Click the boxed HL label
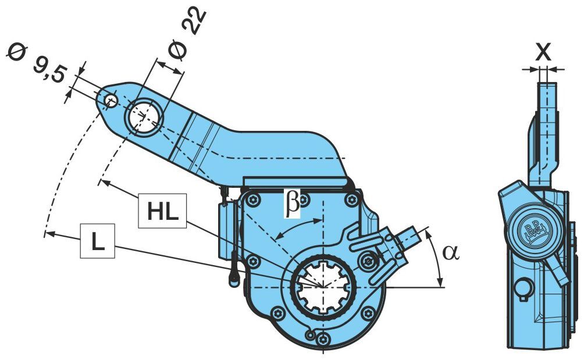162,211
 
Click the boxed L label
98,241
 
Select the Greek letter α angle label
451,253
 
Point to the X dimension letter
543,52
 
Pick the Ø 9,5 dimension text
38,63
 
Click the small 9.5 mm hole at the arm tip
111,100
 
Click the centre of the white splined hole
323,286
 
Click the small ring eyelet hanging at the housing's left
234,279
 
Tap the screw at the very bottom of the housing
322,338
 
